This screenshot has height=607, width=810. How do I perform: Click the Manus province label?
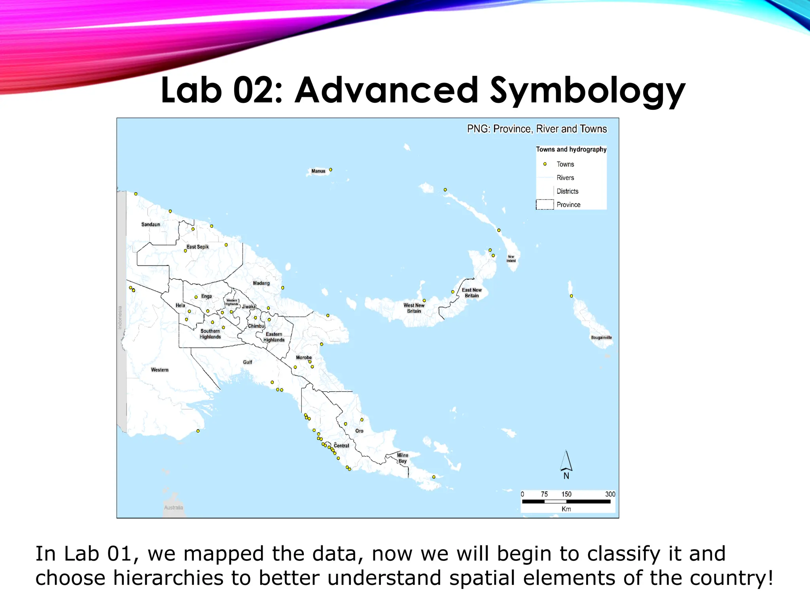tap(318, 171)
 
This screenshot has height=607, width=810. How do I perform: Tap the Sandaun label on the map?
tap(151, 224)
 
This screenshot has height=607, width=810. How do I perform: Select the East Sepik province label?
tap(198, 247)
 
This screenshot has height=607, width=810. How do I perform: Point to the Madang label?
tap(261, 283)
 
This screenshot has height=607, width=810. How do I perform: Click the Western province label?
tap(160, 370)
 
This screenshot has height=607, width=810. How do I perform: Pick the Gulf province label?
tap(248, 362)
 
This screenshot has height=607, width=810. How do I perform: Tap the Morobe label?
tap(304, 358)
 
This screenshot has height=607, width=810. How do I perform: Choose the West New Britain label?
tap(414, 308)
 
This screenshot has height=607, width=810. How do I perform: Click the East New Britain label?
tap(472, 293)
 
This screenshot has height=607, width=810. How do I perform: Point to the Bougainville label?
tap(601, 337)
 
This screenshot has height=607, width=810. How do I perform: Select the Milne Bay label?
tap(403, 458)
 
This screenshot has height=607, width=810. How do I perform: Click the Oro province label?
tap(359, 431)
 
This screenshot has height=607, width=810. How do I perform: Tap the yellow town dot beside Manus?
tap(331, 170)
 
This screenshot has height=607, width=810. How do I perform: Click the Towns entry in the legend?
tap(565, 164)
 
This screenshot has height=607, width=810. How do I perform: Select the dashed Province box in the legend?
tap(545, 205)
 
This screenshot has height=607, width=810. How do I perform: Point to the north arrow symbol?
tap(566, 463)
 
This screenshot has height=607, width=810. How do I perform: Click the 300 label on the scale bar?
tap(610, 494)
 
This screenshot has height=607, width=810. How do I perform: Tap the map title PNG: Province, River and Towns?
tap(537, 129)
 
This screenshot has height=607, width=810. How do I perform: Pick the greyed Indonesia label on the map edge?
tap(120, 317)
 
